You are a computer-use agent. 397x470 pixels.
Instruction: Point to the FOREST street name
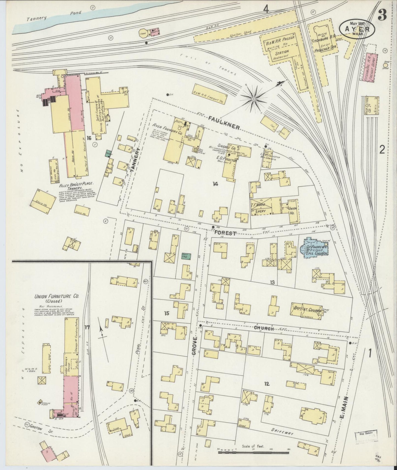pos(225,233)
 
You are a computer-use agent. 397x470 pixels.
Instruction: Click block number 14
pos(215,184)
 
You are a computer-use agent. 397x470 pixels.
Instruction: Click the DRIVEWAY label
pos(282,433)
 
